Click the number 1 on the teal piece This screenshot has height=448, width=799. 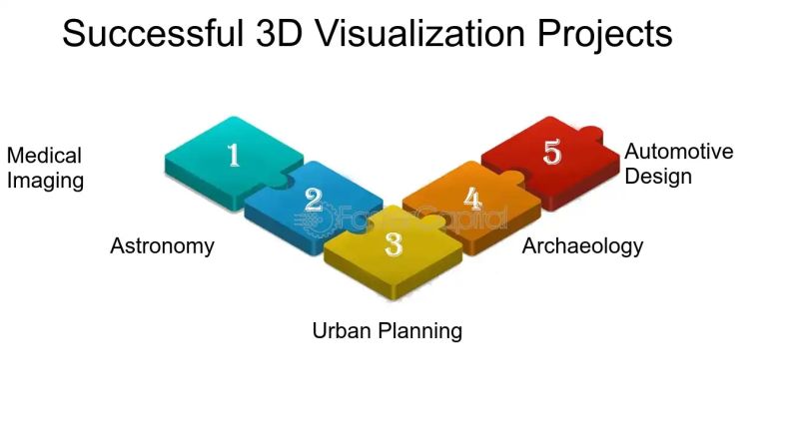[234, 155]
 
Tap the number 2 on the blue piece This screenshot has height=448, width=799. [314, 200]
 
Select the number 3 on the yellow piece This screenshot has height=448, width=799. [394, 243]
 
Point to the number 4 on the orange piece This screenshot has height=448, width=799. [472, 199]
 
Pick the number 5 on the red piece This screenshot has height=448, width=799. [552, 153]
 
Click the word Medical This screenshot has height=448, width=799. [44, 157]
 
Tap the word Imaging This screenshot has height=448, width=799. [45, 181]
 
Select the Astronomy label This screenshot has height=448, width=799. [162, 245]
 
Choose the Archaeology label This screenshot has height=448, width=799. [582, 245]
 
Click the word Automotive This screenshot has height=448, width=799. [678, 152]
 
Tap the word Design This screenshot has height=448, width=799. [658, 177]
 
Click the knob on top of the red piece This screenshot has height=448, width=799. [589, 131]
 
